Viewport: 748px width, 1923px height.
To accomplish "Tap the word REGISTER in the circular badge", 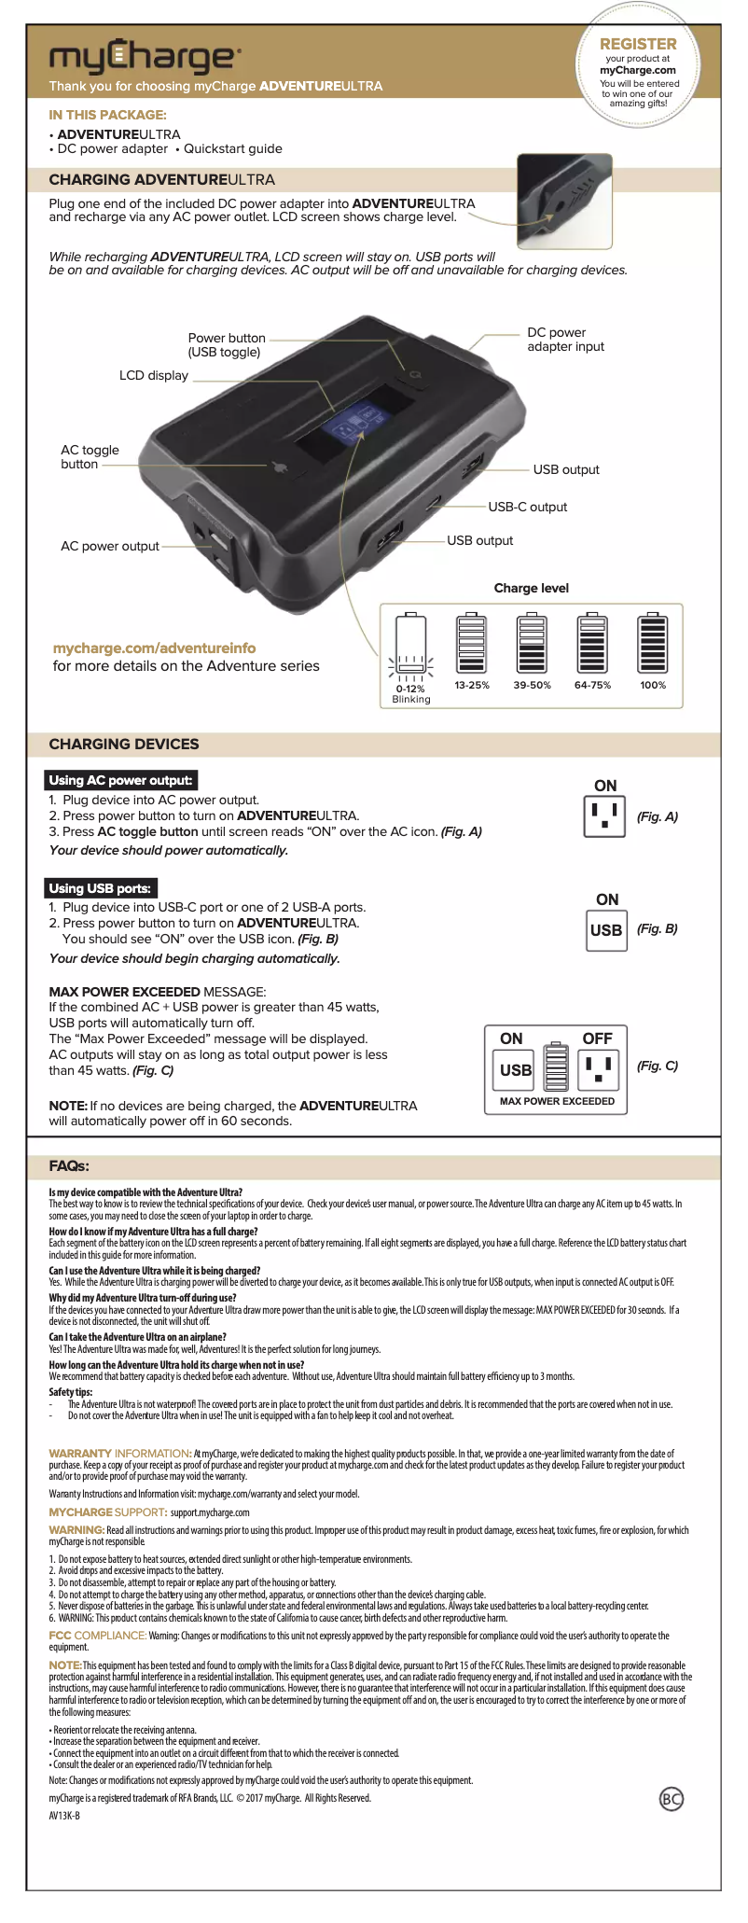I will (x=638, y=44).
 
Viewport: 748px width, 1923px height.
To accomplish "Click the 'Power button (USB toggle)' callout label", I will (x=226, y=345).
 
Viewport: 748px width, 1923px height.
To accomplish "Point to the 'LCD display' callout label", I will (x=154, y=376).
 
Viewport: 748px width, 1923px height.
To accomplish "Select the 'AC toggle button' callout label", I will (x=90, y=457).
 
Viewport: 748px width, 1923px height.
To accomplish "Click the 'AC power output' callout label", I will (x=110, y=547).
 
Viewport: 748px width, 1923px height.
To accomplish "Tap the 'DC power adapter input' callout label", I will (x=565, y=340).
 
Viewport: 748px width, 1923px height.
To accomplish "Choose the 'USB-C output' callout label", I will (x=527, y=508).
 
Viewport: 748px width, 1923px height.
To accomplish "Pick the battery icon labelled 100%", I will (x=653, y=644).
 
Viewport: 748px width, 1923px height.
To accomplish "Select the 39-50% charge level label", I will (x=532, y=686).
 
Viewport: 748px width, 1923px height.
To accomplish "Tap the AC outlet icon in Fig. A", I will (x=604, y=817).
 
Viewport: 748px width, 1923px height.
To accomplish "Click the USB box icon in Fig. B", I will (x=606, y=930).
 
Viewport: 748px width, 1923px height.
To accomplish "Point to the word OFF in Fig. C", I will (x=597, y=1039).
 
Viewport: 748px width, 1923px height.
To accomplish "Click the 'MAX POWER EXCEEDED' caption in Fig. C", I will (x=557, y=1102).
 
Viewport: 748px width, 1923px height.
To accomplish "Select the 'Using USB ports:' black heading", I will (x=100, y=888).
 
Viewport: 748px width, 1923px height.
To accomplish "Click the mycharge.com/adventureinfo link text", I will (x=154, y=648).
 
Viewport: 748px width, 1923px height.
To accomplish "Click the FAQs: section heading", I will (x=69, y=1166).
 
